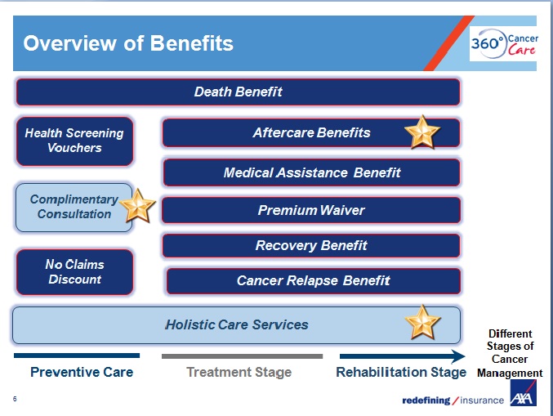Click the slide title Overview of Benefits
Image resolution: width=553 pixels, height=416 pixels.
click(128, 43)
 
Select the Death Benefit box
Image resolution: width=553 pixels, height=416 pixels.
click(238, 92)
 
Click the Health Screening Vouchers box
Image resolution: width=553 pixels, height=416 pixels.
click(74, 141)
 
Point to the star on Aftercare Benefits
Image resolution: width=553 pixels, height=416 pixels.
click(422, 132)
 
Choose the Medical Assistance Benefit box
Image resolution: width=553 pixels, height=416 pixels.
click(312, 172)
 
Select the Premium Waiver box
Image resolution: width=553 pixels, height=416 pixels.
click(311, 210)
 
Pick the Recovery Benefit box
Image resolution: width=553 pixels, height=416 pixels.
click(311, 245)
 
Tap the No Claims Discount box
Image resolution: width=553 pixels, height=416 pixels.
click(74, 272)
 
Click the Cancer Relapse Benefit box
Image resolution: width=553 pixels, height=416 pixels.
click(313, 280)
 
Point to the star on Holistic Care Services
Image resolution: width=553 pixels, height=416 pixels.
click(423, 322)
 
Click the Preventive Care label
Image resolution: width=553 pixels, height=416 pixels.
click(82, 372)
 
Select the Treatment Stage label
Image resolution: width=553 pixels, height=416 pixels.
click(239, 372)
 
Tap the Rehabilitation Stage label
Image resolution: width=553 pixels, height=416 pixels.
click(400, 372)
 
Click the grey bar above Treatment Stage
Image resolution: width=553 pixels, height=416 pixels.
click(242, 356)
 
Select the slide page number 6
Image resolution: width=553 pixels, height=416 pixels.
click(16, 400)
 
